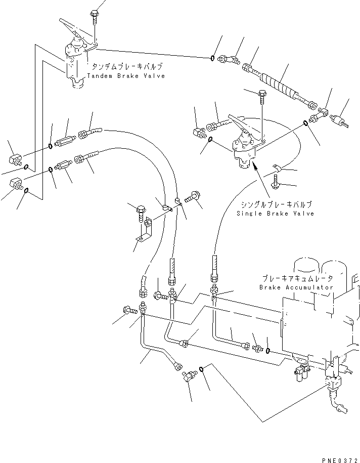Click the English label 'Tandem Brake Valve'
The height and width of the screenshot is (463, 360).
tap(126, 76)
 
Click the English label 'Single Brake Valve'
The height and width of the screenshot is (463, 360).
tap(276, 213)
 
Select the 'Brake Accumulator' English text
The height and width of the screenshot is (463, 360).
tap(296, 287)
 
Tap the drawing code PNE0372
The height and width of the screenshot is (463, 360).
tap(340, 460)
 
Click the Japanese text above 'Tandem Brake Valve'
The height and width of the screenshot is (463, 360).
tap(127, 66)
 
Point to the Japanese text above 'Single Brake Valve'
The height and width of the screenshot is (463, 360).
tap(276, 204)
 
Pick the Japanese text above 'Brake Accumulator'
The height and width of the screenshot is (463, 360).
tap(297, 278)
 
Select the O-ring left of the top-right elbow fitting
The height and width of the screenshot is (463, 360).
tap(212, 58)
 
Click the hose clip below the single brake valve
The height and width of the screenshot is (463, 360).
tap(277, 169)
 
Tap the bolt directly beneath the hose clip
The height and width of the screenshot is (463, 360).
tap(276, 181)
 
